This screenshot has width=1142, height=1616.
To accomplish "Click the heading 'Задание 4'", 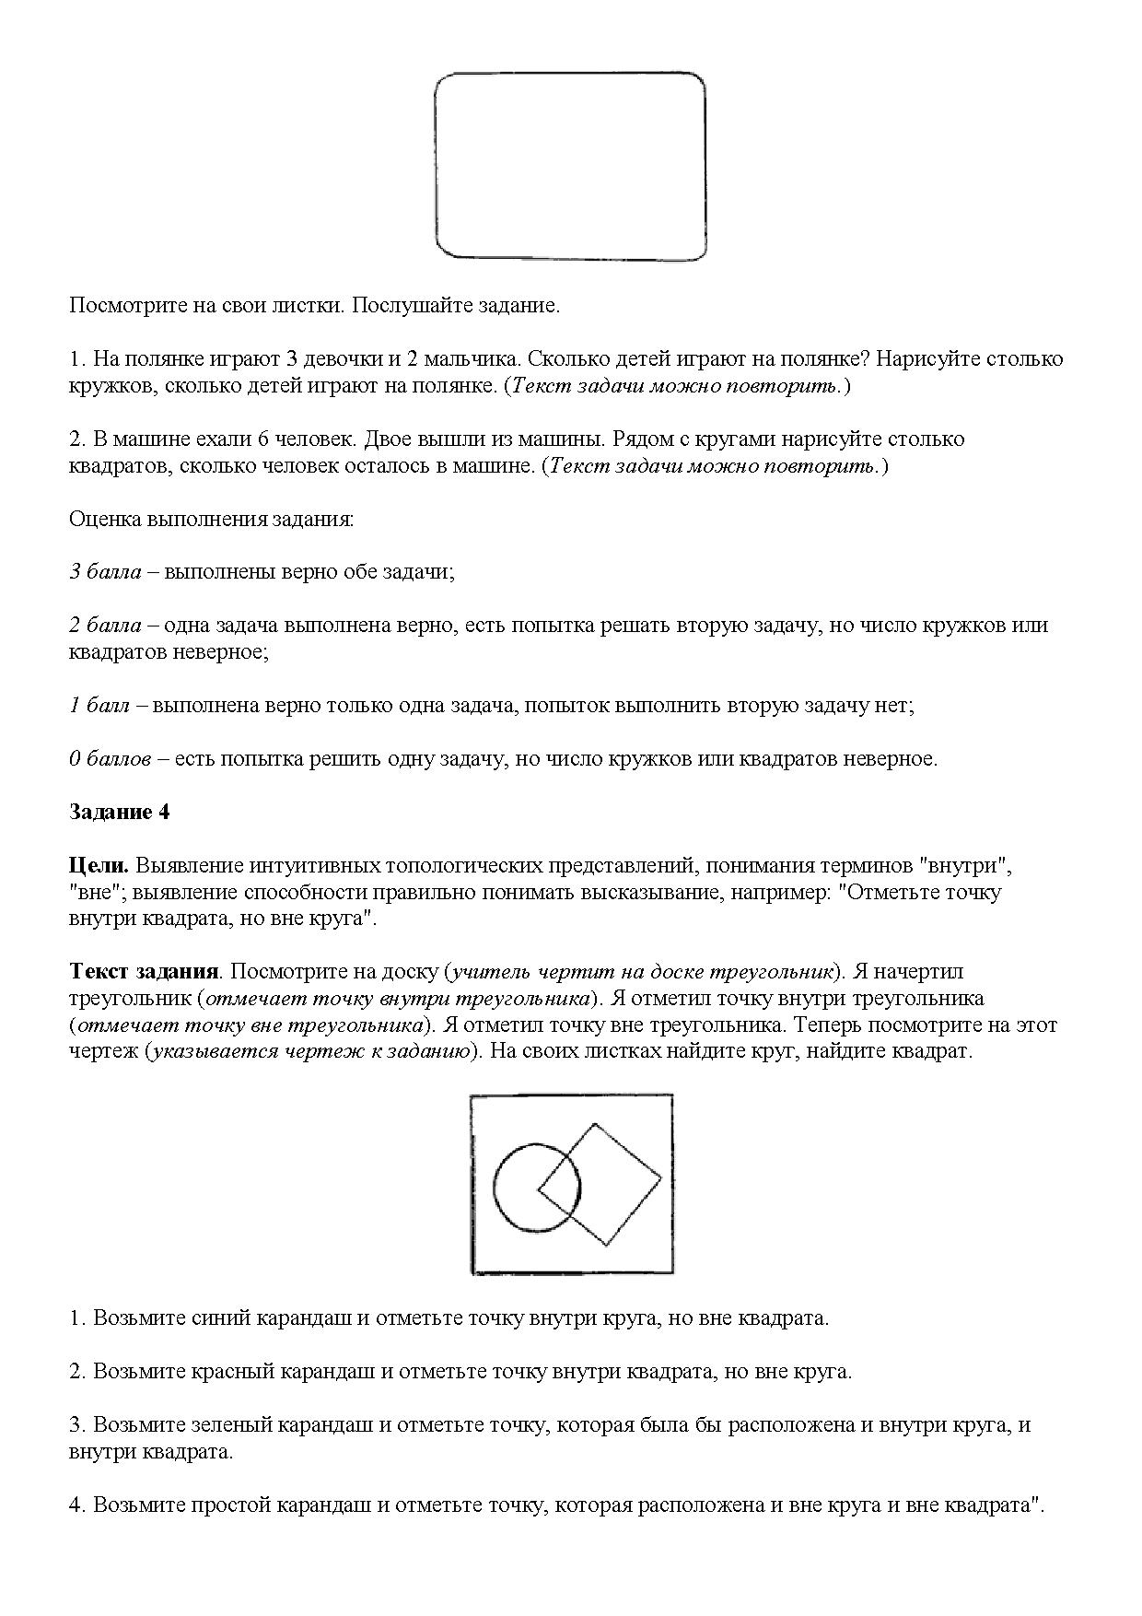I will click(x=120, y=813).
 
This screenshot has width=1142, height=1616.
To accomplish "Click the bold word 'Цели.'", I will click(x=99, y=866).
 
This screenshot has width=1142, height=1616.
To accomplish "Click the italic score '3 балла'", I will click(x=105, y=572).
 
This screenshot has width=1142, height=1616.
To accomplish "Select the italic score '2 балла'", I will click(x=105, y=626).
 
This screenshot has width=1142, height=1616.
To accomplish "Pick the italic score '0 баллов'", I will click(x=110, y=760).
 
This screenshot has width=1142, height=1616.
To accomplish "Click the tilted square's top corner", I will click(x=595, y=1124).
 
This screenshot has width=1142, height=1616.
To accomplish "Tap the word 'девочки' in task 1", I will click(x=338, y=359).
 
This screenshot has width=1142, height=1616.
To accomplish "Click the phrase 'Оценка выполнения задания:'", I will click(x=211, y=519).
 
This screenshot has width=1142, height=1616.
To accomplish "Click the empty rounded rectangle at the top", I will click(x=570, y=166).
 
